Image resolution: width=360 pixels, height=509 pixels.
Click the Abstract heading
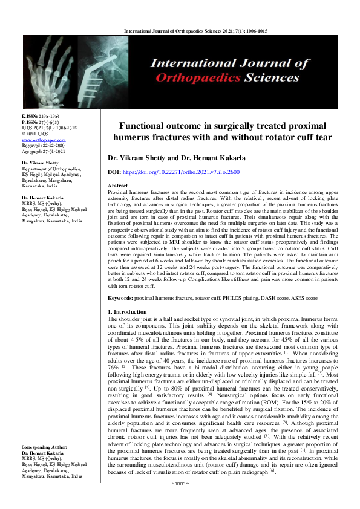coord(117,185)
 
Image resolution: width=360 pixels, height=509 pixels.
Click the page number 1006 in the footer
coord(180,501)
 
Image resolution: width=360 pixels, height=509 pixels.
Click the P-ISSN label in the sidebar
coord(30,122)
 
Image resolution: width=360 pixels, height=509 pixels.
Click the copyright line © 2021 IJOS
coord(35,134)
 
